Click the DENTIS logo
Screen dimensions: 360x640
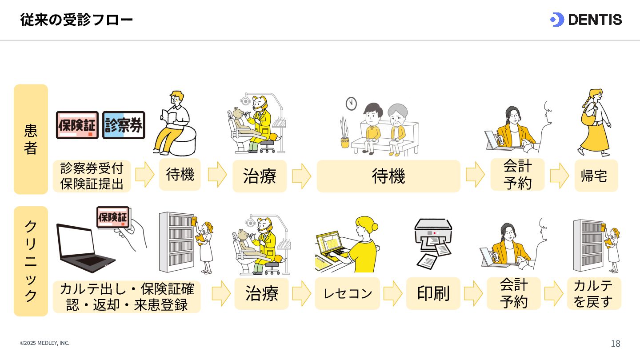[x=586, y=20]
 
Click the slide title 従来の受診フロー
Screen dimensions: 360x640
[x=76, y=20]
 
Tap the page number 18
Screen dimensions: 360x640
[x=615, y=344]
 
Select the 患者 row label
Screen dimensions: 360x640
[x=31, y=139]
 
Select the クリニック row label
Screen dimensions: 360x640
[x=31, y=261]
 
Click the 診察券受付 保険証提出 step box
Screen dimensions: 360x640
[x=92, y=176]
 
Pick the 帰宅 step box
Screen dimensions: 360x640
[x=596, y=176]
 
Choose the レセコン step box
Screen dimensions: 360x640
[x=348, y=293]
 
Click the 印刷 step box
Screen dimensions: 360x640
[x=433, y=293]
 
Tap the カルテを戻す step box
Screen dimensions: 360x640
[x=594, y=293]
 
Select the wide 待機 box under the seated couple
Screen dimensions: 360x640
[x=388, y=176]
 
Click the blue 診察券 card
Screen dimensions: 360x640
[x=124, y=125]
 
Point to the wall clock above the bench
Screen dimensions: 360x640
[x=352, y=104]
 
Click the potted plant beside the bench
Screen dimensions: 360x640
[x=345, y=133]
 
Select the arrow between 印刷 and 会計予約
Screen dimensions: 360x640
[x=473, y=293]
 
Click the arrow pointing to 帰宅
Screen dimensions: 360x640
[x=559, y=176]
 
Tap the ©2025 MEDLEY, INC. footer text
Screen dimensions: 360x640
[x=45, y=343]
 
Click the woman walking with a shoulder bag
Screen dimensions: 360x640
[x=595, y=122]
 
